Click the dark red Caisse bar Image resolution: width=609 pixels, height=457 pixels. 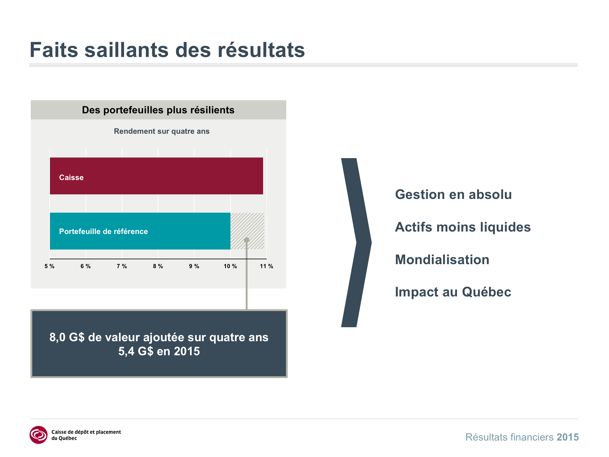[x=156, y=176]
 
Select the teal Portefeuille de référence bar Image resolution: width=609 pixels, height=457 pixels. [x=140, y=231]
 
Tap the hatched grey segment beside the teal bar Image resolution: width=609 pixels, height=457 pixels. [x=247, y=231]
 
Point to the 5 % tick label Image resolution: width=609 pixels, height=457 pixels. [x=50, y=266]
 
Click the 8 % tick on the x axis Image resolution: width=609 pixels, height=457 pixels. [x=158, y=266]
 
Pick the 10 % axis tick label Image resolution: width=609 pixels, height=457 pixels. [x=230, y=266]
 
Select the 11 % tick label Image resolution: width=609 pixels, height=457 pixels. [x=266, y=266]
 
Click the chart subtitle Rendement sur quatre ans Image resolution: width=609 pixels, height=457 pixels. [x=162, y=131]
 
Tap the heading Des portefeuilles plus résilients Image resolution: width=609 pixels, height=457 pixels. [x=158, y=110]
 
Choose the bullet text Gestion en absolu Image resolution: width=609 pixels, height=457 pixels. [x=453, y=194]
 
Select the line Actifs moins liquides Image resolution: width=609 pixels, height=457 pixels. [x=463, y=227]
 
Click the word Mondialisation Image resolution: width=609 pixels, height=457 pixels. [x=442, y=260]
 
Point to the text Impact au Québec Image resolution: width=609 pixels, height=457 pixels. [x=453, y=292]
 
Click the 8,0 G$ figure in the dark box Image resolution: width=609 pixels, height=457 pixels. [x=67, y=337]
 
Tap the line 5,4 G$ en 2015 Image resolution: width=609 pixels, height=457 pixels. [x=159, y=351]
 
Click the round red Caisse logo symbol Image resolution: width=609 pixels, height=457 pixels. [x=39, y=435]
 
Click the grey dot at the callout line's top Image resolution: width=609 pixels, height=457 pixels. [x=247, y=240]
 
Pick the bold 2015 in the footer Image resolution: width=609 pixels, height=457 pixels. [x=568, y=437]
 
